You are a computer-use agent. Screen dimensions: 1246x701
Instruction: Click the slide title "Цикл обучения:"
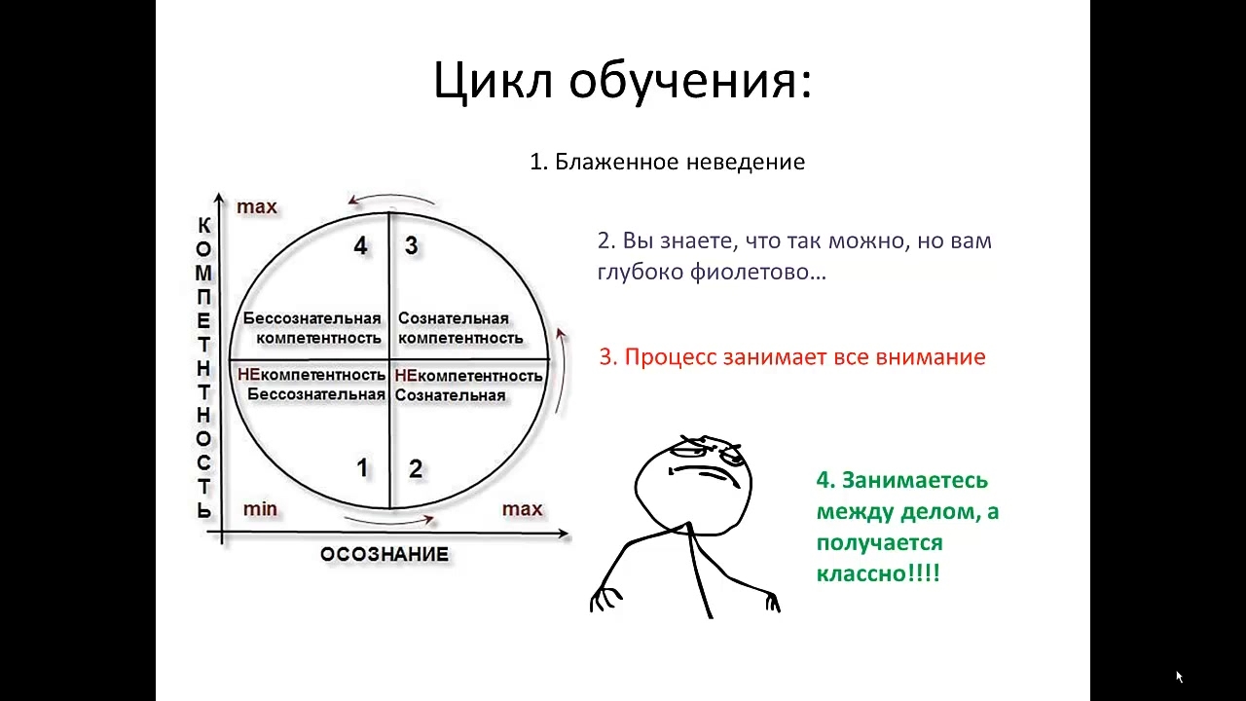pos(622,81)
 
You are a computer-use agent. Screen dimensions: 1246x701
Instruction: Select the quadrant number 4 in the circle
pos(360,245)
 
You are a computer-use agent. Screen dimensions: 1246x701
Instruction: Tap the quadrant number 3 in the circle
pos(411,245)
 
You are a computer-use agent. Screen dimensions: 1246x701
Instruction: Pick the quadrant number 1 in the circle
pos(362,468)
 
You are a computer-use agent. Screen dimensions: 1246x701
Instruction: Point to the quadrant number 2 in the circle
pos(415,469)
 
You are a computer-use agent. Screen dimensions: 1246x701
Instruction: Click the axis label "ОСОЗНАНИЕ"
pos(385,554)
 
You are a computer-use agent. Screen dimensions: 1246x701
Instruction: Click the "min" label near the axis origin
pos(260,508)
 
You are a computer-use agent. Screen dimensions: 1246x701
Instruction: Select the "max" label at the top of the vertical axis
pos(256,207)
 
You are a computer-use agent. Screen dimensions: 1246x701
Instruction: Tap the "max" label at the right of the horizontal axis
pos(522,509)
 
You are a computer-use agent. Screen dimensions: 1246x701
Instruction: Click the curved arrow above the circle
pos(391,196)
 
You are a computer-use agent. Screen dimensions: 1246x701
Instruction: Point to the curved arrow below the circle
pos(389,523)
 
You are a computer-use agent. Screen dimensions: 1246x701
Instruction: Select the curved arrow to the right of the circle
pos(564,370)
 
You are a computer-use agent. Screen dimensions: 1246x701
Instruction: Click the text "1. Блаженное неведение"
pos(667,162)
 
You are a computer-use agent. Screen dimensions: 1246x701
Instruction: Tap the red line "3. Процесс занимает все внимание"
pos(792,356)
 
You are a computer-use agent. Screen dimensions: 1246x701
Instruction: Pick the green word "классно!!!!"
pos(878,573)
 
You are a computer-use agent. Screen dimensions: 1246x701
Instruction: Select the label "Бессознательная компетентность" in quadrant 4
pos(312,328)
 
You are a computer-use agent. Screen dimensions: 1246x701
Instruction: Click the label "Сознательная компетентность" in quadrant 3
pos(460,328)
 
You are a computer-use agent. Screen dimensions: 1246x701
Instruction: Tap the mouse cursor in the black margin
pos(1180,677)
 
